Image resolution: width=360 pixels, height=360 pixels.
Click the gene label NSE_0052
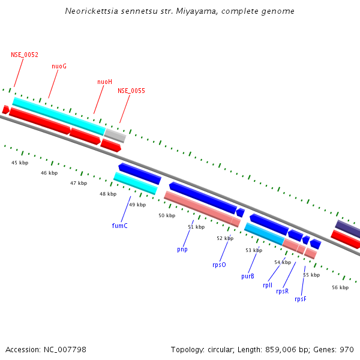pos(25,55)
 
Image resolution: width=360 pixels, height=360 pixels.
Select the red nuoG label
pos(59,66)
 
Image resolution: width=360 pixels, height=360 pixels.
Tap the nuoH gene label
pos(104,82)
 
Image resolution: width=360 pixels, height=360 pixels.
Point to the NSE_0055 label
pos(131,91)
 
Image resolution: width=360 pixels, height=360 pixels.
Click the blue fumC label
pos(119,226)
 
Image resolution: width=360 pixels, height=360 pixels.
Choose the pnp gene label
pos(182,248)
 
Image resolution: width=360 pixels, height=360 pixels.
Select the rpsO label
pos(219,264)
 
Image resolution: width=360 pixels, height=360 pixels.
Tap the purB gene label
pos(248,277)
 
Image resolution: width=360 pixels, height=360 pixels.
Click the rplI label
pos(268,285)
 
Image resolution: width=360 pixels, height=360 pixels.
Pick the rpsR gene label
pos(282,291)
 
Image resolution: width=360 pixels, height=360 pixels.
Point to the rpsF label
pos(301,299)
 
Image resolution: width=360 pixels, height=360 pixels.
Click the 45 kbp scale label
pos(20,163)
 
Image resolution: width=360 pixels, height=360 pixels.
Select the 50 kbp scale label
pos(167,215)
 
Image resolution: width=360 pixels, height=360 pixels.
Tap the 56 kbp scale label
pos(340,287)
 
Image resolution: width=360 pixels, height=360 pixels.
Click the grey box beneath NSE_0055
pos(115,136)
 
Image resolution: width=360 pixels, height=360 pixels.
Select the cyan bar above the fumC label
pos(135,183)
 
